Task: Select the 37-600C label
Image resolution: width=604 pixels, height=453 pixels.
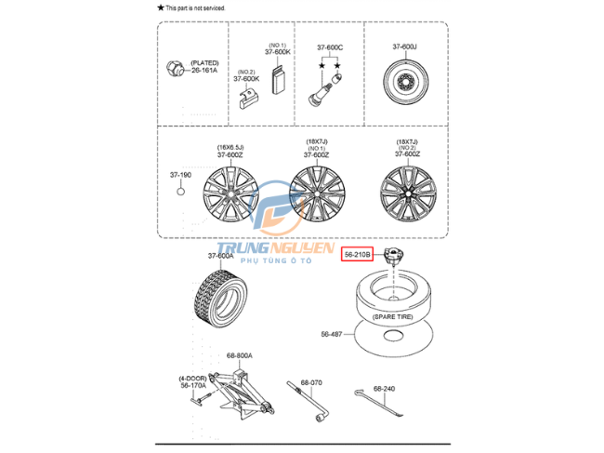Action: click(330, 47)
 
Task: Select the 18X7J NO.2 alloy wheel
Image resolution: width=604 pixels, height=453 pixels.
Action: click(406, 194)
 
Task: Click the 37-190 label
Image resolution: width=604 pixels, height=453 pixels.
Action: click(180, 174)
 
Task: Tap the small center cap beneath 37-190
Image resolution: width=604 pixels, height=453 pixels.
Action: click(181, 193)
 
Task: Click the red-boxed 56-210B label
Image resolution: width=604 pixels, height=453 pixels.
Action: click(357, 253)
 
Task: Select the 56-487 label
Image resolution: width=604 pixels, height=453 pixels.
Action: click(332, 333)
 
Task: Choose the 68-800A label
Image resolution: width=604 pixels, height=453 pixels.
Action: click(239, 355)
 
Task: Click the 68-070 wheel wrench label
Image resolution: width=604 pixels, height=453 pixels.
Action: click(309, 382)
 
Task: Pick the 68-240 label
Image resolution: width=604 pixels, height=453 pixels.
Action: click(385, 389)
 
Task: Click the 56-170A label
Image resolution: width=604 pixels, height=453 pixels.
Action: click(193, 386)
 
